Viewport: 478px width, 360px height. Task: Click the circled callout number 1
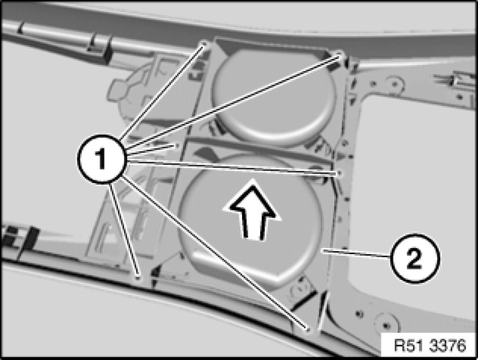(101, 159)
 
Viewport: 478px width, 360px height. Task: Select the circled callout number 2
(414, 258)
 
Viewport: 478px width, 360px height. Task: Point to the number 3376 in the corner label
(447, 346)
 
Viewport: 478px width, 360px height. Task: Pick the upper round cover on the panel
(274, 95)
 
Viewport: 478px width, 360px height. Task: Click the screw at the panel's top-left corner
(204, 44)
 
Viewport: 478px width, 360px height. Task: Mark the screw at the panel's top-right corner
(340, 55)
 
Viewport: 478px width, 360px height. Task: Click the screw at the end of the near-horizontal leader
(339, 173)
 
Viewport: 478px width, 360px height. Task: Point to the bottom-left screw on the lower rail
(138, 278)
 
